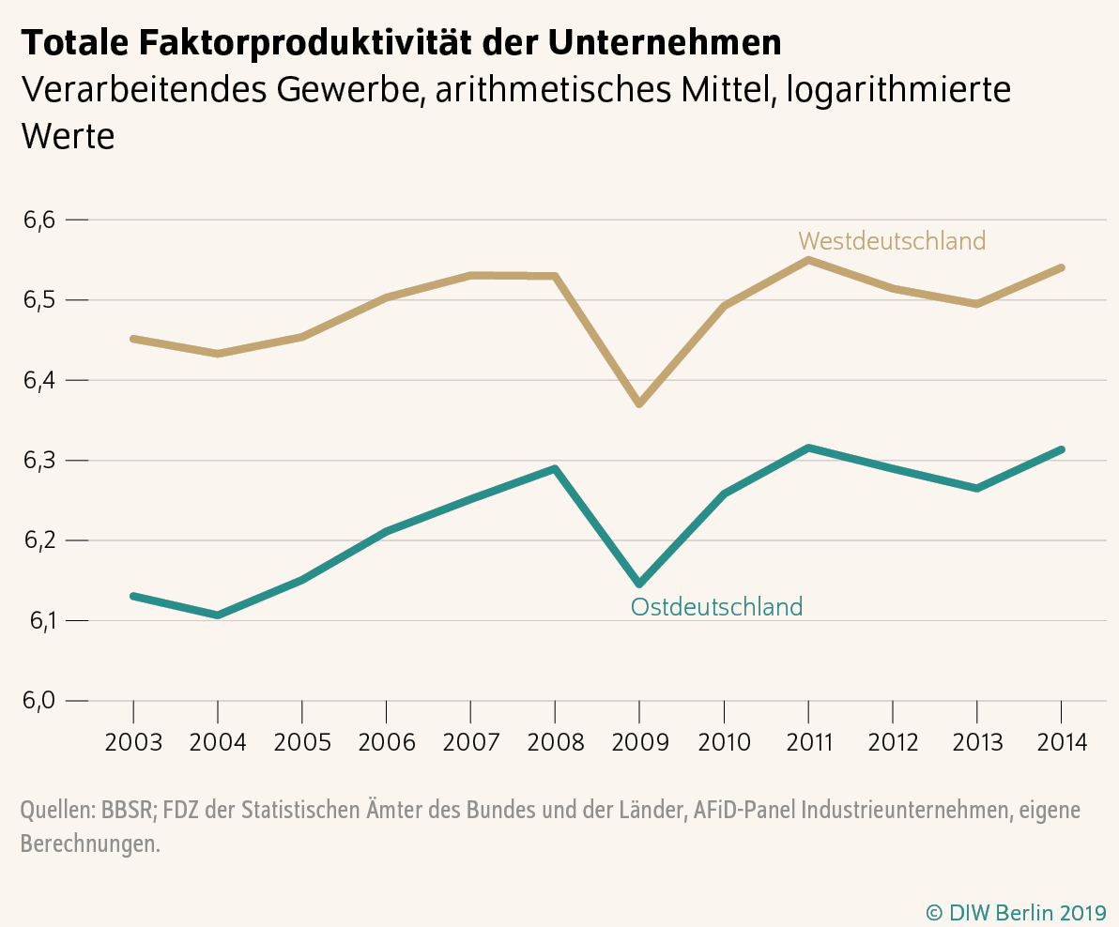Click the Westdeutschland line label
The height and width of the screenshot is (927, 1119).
coord(892,241)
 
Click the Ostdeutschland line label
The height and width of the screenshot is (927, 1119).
coord(716,607)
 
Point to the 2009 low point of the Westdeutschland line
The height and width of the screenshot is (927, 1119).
coord(639,403)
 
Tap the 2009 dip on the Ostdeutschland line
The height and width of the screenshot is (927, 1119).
coord(639,584)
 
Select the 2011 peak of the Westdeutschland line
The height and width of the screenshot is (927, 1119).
coord(808,260)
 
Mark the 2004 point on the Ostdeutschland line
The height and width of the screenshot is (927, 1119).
coord(218,615)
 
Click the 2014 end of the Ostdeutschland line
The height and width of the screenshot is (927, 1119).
coord(1061,449)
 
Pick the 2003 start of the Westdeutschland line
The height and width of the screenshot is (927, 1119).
coord(134,339)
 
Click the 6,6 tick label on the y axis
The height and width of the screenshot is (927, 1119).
coord(40,220)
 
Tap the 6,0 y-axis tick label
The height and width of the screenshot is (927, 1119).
coord(40,701)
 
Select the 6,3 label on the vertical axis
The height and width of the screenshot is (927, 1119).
coord(40,461)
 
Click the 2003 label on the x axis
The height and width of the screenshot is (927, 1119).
coord(133,743)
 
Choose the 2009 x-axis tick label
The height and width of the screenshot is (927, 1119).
coord(639,743)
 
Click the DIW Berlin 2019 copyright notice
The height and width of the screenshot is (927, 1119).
coord(1016,911)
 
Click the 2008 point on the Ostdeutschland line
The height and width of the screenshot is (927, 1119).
coord(555,468)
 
